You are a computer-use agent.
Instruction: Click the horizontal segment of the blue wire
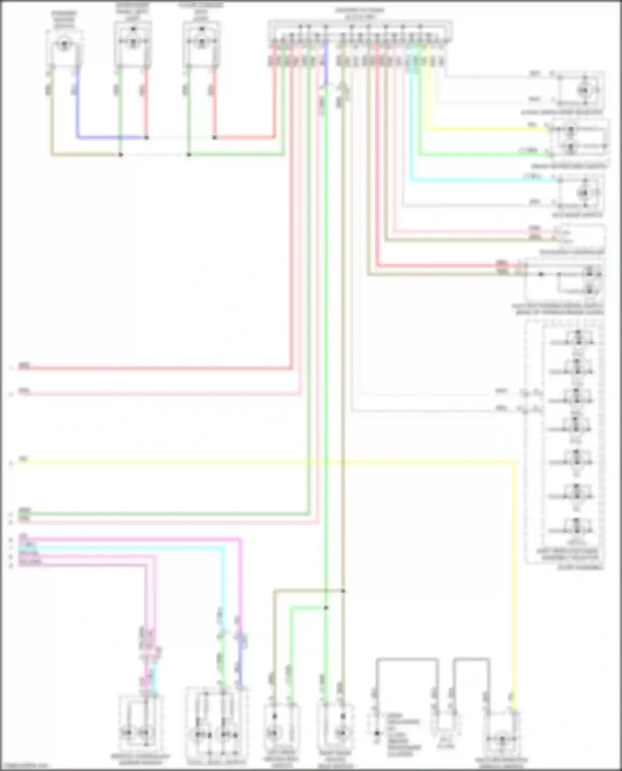click(112, 137)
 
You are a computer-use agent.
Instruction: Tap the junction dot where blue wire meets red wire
click(146, 138)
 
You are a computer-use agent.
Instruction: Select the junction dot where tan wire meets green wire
click(121, 155)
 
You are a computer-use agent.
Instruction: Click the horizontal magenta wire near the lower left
click(124, 539)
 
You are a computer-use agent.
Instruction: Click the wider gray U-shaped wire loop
click(407, 659)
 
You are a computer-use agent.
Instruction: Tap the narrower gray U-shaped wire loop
click(471, 659)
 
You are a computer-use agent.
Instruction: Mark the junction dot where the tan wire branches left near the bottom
click(343, 591)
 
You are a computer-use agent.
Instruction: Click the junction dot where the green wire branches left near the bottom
click(326, 608)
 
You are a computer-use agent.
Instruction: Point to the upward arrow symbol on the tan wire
click(343, 88)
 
